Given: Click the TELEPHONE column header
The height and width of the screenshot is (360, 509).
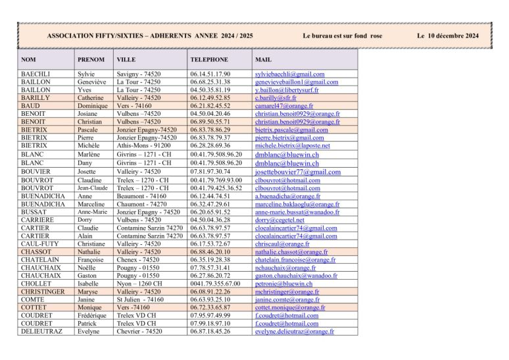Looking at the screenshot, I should tap(209, 59).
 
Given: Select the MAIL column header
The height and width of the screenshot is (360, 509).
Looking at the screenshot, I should tap(262, 59).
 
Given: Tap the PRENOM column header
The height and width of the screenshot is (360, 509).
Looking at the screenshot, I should tap(91, 59).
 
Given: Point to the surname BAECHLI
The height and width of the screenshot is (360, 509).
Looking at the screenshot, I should tap(36, 74).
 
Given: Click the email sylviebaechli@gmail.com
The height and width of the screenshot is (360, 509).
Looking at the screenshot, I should tap(289, 74).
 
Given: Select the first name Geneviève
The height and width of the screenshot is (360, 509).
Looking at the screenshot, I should tap(92, 82).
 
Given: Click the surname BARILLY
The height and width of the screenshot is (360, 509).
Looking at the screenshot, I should tap(36, 98).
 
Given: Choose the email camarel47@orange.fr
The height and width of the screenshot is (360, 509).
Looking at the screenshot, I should tap(284, 106).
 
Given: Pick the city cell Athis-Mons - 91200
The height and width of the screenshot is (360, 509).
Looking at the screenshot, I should tap(145, 145).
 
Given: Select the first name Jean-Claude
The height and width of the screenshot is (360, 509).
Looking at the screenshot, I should tap(93, 188).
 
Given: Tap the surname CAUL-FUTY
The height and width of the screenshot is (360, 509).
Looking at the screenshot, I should tap(40, 244).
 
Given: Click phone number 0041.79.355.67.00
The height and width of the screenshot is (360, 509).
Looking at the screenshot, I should tap(215, 284).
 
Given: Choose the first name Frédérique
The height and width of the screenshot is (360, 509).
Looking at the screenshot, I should tap(92, 316).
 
